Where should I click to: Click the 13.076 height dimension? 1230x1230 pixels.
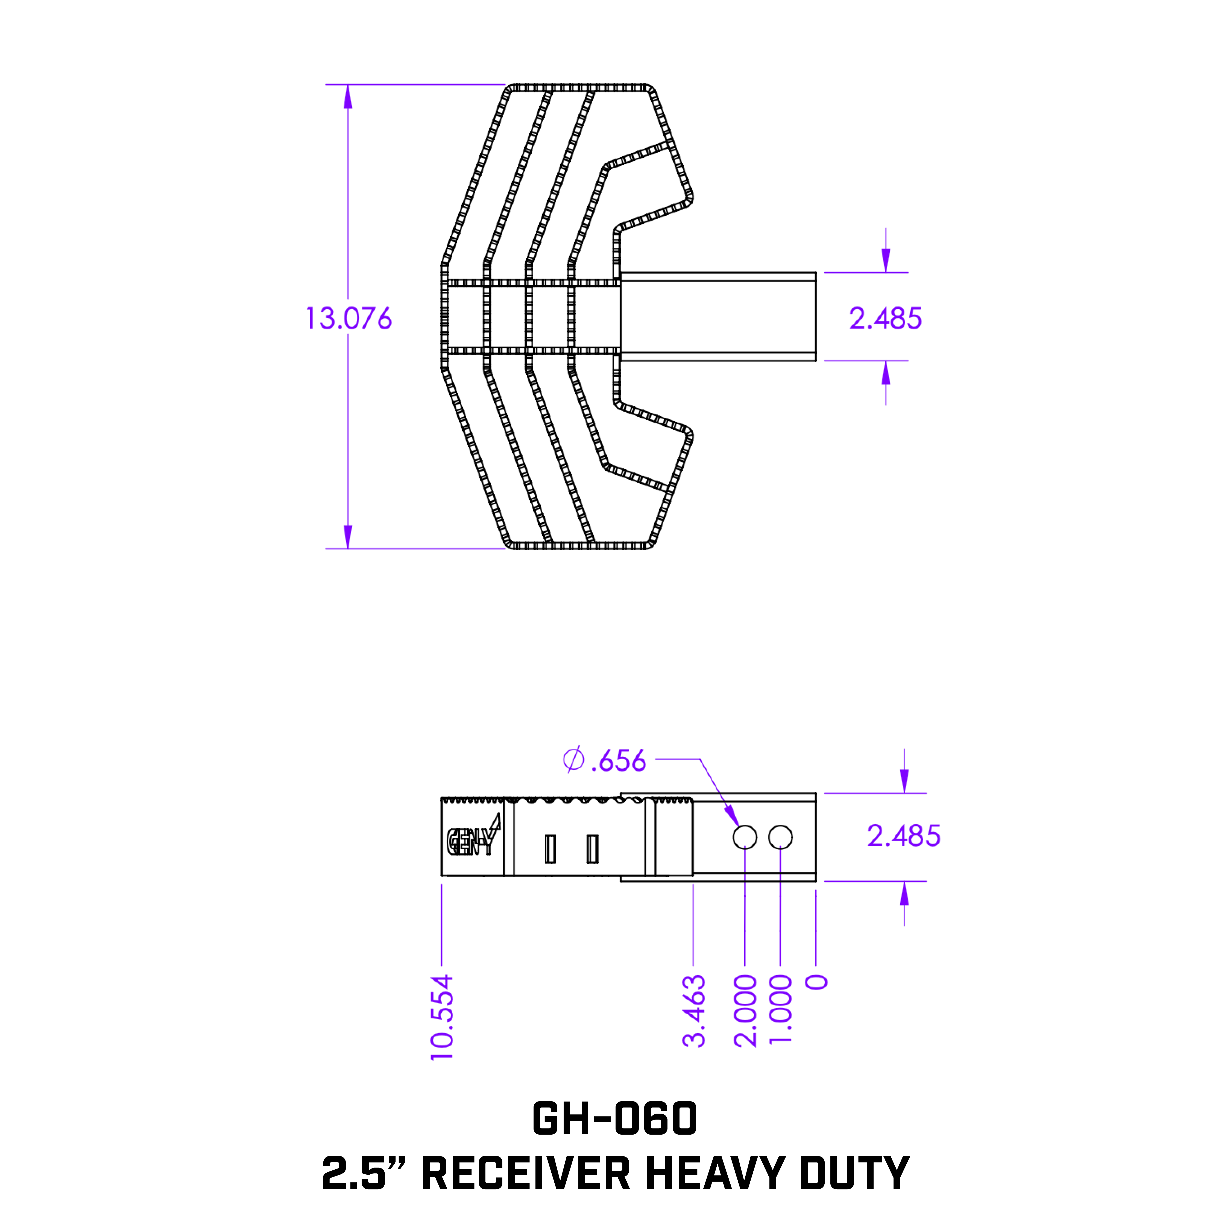[349, 318]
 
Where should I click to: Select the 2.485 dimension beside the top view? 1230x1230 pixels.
[885, 318]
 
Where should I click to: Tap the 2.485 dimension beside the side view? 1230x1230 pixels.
[903, 836]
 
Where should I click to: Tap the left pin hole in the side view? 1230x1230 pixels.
[745, 837]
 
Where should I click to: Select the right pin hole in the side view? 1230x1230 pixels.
[781, 837]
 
